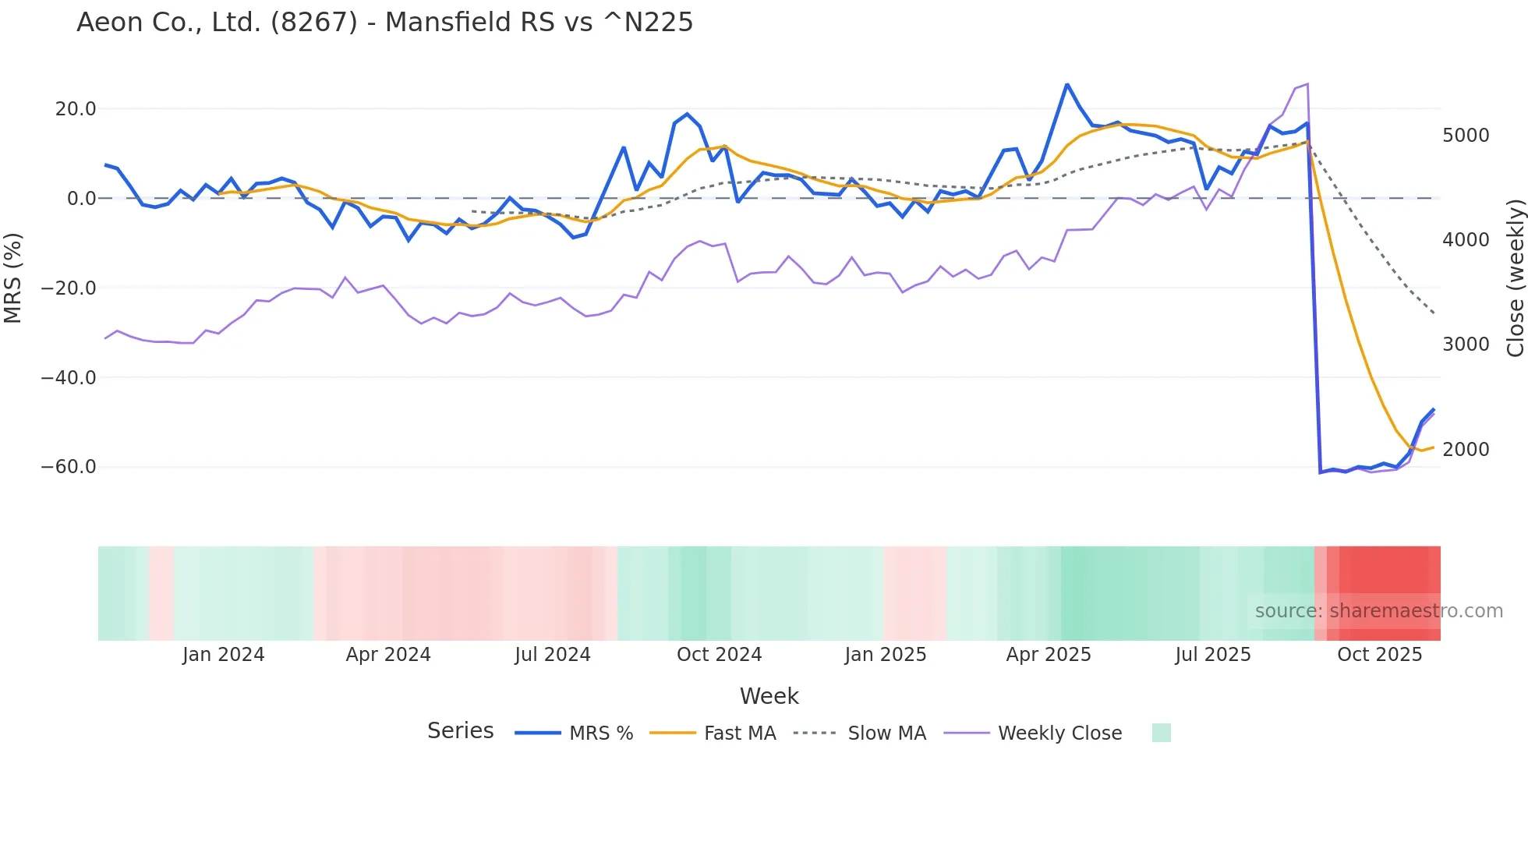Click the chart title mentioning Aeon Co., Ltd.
pyautogui.click(x=384, y=23)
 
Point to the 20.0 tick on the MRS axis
pyautogui.click(x=76, y=109)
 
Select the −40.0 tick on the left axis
pyautogui.click(x=69, y=378)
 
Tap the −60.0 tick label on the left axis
pyautogui.click(x=69, y=467)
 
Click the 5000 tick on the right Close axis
pyautogui.click(x=1466, y=136)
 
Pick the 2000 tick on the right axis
pyautogui.click(x=1466, y=450)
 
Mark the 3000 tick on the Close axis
pyautogui.click(x=1466, y=345)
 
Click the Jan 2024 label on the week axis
pyautogui.click(x=223, y=655)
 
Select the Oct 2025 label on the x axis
pyautogui.click(x=1379, y=655)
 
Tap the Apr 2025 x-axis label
pyautogui.click(x=1048, y=655)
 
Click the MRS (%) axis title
pyautogui.click(x=13, y=277)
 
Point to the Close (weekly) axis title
pyautogui.click(x=1515, y=277)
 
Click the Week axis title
pyautogui.click(x=769, y=696)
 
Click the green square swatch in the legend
pyautogui.click(x=1161, y=733)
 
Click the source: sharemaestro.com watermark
pyautogui.click(x=1378, y=611)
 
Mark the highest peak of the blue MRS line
pyautogui.click(x=1067, y=84)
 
